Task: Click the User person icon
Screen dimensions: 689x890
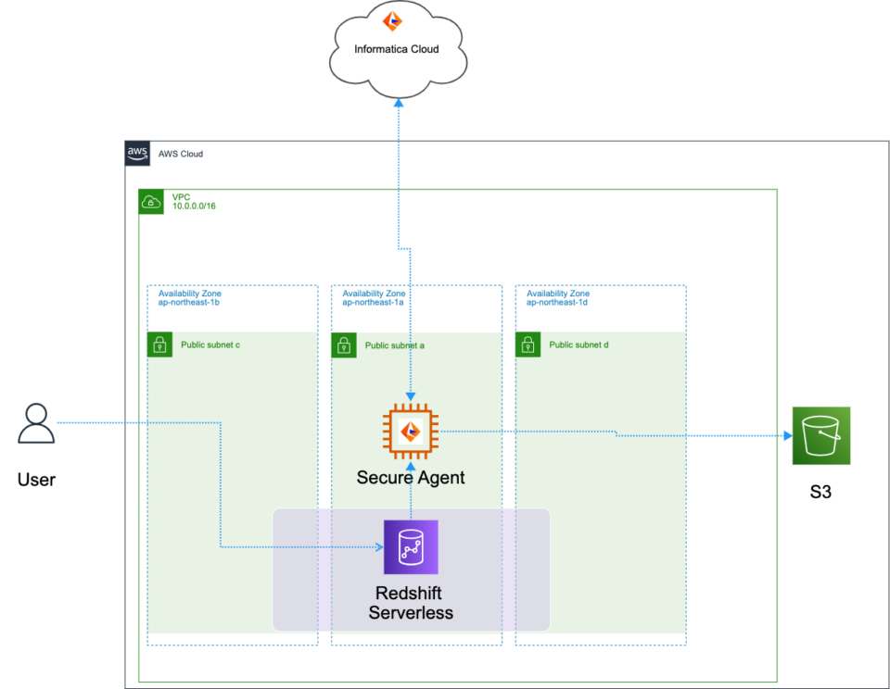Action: pos(36,425)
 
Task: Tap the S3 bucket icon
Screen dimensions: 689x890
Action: pos(820,435)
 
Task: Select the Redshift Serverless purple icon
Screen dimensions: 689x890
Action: pos(411,547)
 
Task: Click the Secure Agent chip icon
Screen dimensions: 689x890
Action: pos(411,432)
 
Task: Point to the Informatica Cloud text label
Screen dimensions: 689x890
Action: pos(397,49)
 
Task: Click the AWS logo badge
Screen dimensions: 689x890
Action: pos(137,154)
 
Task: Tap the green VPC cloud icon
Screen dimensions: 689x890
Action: pos(151,201)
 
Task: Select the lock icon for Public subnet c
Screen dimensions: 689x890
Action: pos(159,345)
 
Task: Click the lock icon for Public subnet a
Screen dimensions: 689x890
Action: pos(344,345)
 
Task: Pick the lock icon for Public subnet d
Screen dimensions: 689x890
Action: pos(528,345)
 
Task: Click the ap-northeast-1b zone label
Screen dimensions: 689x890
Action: pos(188,302)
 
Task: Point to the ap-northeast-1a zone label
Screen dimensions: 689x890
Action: pos(373,302)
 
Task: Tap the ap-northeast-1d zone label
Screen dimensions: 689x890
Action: pos(557,302)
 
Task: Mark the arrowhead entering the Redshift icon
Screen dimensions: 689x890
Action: pos(378,547)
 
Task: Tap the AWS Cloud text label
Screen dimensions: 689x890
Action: pos(181,154)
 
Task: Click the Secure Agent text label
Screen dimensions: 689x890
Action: pos(411,478)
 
